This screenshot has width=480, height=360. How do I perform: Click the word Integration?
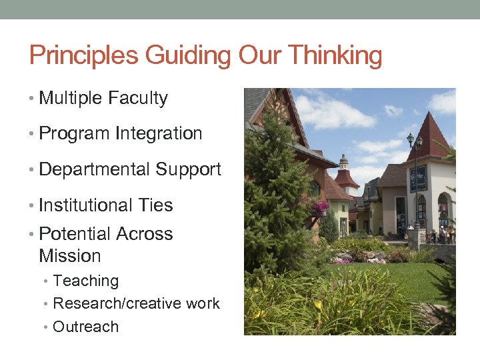(x=159, y=133)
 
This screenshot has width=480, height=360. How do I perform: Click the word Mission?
(x=70, y=256)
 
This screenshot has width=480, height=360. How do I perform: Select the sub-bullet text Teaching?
(x=85, y=281)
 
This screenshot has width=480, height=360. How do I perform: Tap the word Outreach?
(x=85, y=327)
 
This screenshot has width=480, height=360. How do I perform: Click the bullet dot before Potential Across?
(x=33, y=235)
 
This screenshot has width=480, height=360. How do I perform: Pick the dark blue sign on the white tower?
(x=418, y=179)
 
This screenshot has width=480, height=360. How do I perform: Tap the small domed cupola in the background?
(x=344, y=163)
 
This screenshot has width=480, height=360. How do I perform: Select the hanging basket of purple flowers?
(x=321, y=208)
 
